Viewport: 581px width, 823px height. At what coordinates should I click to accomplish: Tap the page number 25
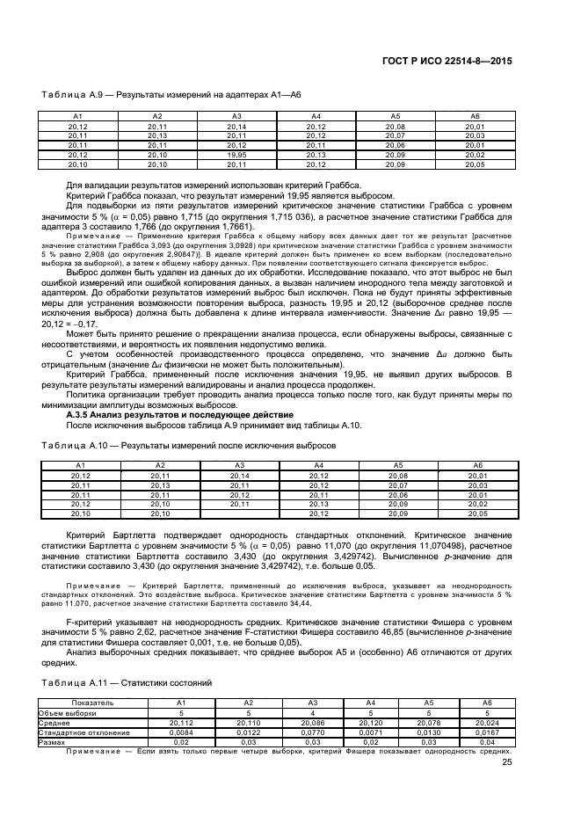[x=506, y=762]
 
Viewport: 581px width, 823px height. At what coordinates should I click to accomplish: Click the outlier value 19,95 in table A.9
[x=236, y=154]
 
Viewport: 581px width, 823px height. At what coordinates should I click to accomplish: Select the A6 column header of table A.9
[x=475, y=117]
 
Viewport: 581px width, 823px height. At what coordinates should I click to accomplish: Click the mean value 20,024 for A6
[x=475, y=723]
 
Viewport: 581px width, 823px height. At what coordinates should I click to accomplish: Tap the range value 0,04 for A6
[x=475, y=740]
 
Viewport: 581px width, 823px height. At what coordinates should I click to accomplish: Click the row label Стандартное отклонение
[x=84, y=732]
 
